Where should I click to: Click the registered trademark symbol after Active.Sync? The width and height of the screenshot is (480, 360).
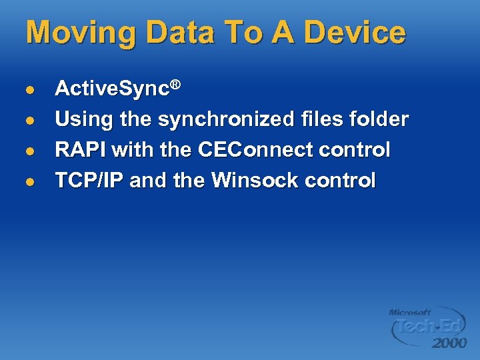[x=176, y=85]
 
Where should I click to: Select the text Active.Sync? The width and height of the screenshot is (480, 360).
[x=112, y=89]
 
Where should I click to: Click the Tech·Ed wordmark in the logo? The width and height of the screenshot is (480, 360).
[x=427, y=327]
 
